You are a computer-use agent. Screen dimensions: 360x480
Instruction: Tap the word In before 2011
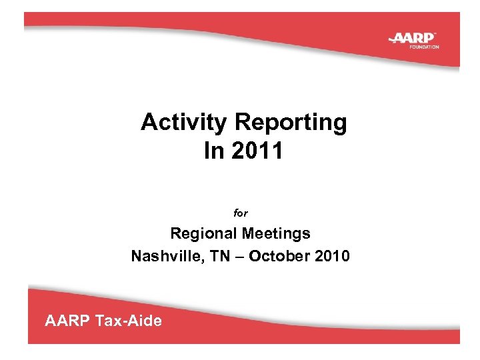(x=214, y=151)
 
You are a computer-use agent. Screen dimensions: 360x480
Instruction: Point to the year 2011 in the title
(x=257, y=151)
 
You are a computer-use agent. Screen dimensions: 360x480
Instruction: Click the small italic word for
(x=240, y=214)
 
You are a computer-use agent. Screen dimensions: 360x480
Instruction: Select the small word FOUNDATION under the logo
(x=424, y=47)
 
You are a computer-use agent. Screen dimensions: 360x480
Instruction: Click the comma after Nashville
(x=192, y=260)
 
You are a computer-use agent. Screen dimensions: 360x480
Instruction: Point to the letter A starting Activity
(x=148, y=123)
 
